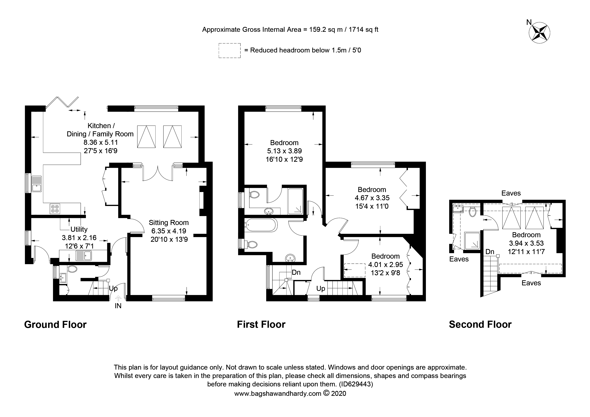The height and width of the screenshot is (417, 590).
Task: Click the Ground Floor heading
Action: [x=55, y=325]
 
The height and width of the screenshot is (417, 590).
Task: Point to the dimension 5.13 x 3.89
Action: [x=284, y=151]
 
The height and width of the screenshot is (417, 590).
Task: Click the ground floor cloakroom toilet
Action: [x=72, y=269]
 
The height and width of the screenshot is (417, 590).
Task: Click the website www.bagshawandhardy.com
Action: [x=278, y=393]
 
